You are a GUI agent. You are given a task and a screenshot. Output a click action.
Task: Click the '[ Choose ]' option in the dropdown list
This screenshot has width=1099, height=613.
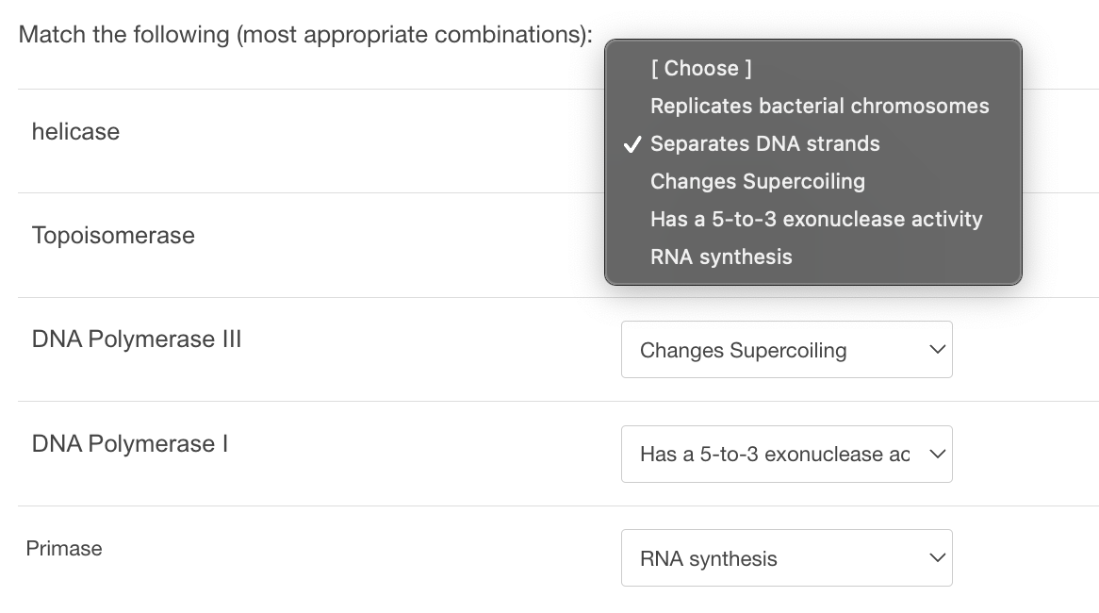700,68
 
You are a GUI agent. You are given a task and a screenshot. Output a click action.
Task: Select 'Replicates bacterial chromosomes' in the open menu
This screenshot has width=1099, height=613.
819,106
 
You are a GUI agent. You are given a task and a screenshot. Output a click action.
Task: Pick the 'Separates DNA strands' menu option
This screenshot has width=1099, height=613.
764,143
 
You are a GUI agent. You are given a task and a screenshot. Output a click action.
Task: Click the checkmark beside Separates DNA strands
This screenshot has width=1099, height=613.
632,144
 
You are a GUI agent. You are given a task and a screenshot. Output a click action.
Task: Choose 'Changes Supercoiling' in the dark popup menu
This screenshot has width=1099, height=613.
757,181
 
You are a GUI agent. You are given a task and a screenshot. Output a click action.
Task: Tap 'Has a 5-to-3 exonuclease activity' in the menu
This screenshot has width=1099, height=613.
815,219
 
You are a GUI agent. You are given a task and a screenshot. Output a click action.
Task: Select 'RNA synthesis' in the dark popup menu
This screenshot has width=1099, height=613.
721,257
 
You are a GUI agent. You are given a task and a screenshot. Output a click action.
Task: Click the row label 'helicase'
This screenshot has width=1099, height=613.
75,132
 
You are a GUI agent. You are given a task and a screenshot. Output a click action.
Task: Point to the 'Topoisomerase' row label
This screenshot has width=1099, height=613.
113,236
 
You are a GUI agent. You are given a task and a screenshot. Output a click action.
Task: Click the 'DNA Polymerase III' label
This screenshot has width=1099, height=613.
137,340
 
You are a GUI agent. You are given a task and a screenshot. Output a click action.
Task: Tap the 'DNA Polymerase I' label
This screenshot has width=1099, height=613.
130,444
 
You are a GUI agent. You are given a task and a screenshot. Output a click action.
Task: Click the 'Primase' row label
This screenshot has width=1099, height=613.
64,549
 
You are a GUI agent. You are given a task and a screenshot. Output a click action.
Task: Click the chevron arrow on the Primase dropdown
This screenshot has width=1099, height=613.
936,558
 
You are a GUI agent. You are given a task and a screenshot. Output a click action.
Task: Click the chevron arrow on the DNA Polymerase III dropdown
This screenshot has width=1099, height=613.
936,350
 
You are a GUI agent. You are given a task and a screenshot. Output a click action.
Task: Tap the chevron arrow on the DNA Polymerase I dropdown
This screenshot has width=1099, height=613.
936,455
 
